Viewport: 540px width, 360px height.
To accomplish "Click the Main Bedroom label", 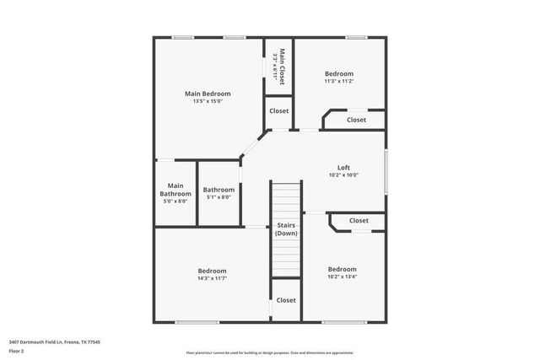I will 207,94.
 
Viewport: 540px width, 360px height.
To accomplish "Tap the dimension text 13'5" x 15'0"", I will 207,101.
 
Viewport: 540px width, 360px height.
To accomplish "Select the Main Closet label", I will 283,66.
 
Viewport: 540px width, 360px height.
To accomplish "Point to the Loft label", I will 343,167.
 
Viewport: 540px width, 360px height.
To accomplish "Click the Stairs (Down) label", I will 286,229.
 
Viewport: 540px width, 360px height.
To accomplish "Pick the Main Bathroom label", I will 175,189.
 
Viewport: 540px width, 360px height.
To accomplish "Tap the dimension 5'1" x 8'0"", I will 219,197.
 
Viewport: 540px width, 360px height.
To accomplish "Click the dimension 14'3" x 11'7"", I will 212,277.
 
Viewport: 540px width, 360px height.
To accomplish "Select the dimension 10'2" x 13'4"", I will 342,277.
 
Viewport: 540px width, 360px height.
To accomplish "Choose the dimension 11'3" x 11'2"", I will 338,81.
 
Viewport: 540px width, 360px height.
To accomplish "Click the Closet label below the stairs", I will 286,300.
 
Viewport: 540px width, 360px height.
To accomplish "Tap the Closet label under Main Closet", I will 278,110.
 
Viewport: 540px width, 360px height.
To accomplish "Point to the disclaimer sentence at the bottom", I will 270,352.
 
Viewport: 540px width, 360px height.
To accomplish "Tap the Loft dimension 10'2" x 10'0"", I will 343,175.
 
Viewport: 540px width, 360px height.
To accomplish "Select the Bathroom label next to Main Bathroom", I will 219,190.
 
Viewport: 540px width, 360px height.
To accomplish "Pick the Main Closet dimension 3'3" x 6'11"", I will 275,66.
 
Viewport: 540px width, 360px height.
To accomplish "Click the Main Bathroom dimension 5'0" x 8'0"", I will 175,201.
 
